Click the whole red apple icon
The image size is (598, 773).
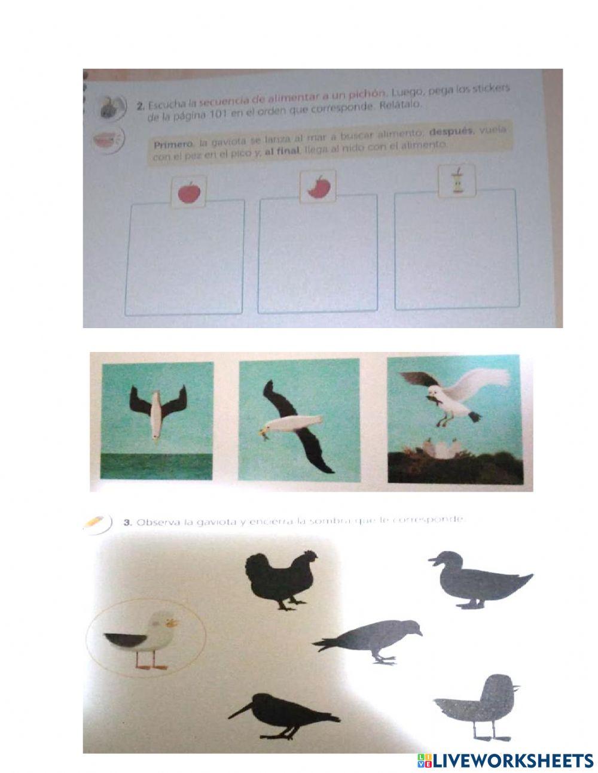[190, 192]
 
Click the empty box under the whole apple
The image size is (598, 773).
[185, 257]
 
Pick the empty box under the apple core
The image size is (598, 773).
[456, 250]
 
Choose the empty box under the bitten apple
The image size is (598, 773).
[318, 254]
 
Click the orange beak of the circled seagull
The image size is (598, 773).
[173, 623]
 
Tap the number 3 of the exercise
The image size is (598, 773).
[127, 523]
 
